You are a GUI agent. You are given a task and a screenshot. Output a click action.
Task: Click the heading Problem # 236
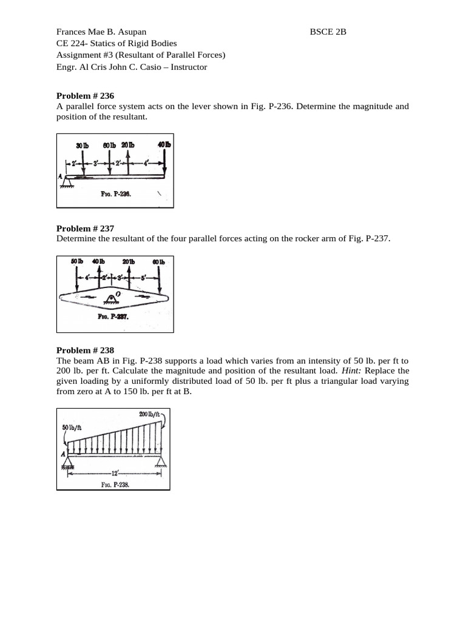pos(85,96)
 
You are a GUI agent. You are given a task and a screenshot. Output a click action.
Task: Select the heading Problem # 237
pos(85,229)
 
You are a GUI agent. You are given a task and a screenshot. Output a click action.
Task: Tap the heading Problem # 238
pos(85,350)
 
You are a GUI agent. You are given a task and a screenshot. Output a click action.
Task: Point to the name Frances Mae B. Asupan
pos(101,32)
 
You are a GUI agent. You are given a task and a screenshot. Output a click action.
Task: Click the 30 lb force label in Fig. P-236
pos(82,146)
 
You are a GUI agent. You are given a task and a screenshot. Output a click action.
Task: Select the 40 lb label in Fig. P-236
pos(164,145)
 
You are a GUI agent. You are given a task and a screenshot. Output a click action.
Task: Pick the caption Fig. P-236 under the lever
pos(116,195)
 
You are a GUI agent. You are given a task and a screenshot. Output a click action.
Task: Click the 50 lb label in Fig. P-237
pos(77,261)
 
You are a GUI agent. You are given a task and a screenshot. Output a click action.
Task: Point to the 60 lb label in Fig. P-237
pos(159,262)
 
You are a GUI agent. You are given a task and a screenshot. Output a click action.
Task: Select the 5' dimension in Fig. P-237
pos(143,277)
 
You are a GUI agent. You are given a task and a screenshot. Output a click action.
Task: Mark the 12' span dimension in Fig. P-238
pos(113,472)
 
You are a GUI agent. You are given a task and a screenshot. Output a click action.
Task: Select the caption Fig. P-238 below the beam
pos(113,485)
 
